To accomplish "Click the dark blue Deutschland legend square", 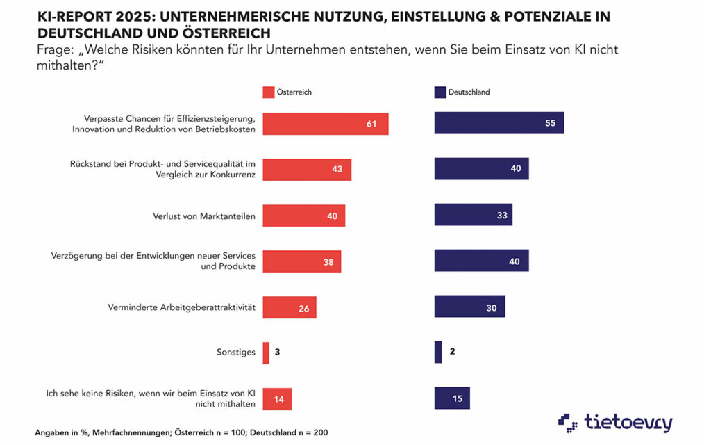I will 440,92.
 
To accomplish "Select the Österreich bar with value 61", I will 325,123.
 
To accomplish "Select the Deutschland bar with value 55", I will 499,123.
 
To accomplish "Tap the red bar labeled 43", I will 307,170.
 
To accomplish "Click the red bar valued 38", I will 301,261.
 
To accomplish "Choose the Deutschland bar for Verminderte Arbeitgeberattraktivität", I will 469,307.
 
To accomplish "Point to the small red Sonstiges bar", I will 266,353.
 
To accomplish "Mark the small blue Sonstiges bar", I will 438,353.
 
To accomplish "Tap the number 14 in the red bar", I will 279,399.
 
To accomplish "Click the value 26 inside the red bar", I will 304,308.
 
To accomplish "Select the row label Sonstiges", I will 236,353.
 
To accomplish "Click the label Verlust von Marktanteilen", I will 204,216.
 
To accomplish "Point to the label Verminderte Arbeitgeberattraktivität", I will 182,307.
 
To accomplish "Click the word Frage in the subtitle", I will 54,50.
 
